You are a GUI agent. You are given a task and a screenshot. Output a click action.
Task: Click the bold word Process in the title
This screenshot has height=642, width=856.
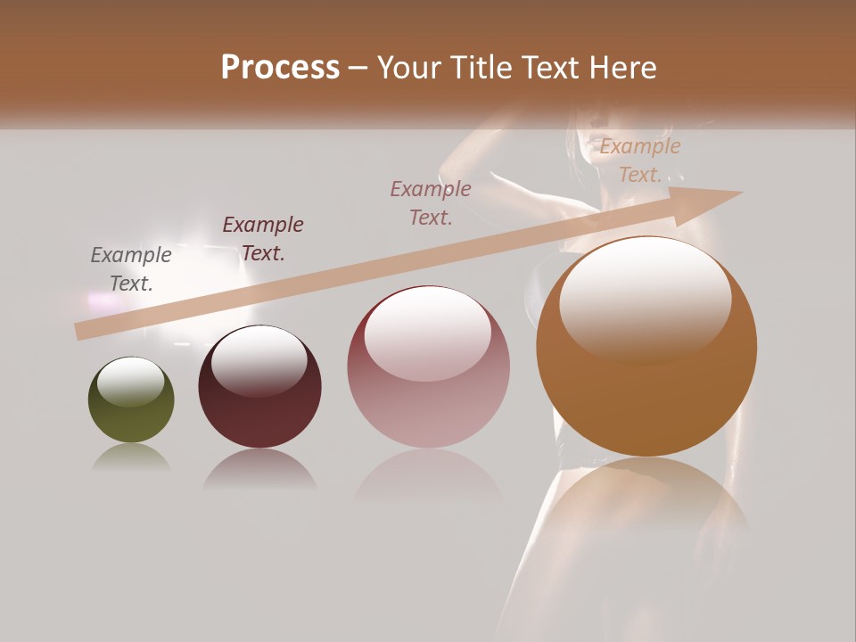pos(280,68)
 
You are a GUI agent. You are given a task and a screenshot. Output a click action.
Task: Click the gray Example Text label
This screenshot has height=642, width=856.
pos(131,268)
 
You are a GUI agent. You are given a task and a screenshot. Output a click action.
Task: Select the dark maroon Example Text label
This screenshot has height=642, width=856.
pos(263,238)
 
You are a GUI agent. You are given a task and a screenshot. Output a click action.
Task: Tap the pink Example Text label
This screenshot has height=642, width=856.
pos(431,202)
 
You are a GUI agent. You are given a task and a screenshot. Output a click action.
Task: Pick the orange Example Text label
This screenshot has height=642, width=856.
pos(640,160)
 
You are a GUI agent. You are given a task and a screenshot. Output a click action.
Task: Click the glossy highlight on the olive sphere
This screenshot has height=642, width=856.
pos(131,382)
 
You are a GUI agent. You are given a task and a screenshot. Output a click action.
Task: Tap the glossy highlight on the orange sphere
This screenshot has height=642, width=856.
pos(646,299)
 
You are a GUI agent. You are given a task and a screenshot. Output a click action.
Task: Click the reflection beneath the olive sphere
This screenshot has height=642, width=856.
pos(131,458)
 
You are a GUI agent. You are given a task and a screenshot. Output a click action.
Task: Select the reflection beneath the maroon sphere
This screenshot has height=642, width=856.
pos(259,468)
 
